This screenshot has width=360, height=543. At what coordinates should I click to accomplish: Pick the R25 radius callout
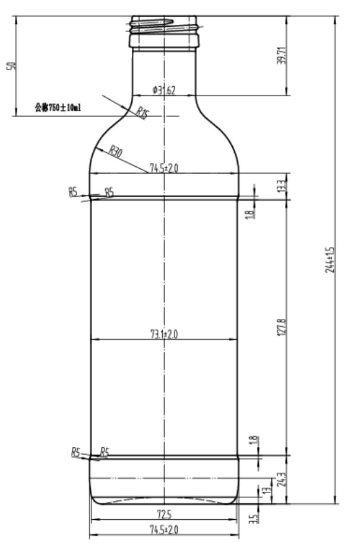[141, 112]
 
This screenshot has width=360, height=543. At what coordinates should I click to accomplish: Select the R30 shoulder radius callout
[116, 151]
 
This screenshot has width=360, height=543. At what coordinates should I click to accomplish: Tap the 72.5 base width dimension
[163, 513]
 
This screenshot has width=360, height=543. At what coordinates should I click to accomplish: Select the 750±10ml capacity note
[57, 108]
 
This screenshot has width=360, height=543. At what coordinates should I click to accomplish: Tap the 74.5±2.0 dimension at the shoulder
[163, 169]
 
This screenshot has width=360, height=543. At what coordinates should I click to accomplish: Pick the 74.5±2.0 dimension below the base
[163, 529]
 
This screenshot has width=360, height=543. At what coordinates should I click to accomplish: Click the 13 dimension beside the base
[264, 492]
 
